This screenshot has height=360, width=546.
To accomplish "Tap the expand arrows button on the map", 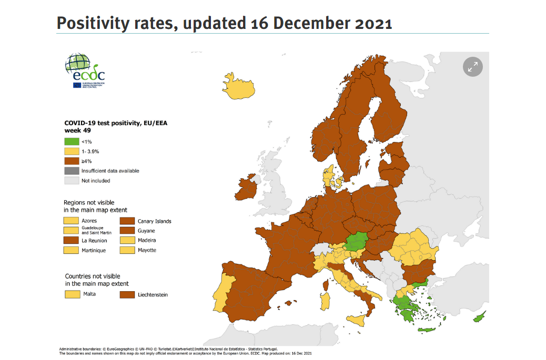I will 472,67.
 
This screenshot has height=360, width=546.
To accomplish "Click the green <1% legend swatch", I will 71,141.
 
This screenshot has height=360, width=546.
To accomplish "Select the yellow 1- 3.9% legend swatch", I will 71,151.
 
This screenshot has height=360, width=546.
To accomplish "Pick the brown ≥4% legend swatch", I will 71,161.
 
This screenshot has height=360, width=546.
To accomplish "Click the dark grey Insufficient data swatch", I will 71,171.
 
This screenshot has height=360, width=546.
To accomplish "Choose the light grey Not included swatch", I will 71,181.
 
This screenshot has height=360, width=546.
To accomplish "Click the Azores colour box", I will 71,221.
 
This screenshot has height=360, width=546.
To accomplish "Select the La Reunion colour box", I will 71,241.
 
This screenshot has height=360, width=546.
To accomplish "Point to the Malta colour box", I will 71,294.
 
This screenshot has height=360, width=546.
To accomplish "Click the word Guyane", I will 146,231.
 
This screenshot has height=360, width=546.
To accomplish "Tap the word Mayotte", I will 147,250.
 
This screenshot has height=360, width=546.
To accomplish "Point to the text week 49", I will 75,130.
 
